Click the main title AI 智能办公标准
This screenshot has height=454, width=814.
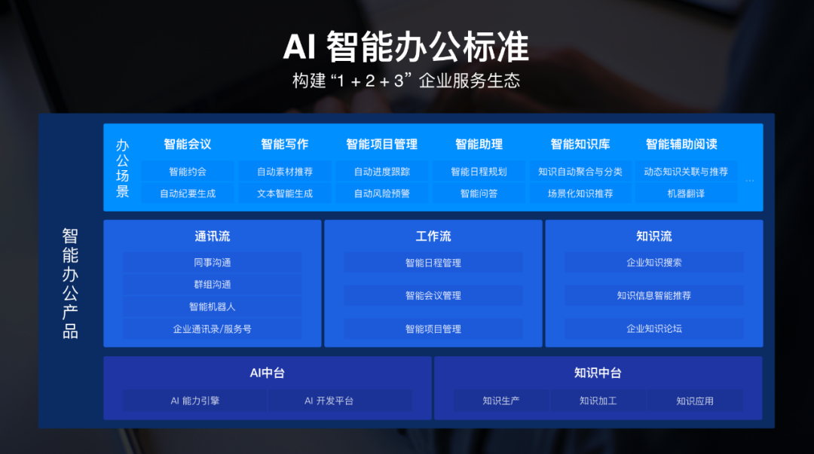(x=406, y=47)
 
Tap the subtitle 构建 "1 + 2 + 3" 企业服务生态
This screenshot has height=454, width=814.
(x=406, y=81)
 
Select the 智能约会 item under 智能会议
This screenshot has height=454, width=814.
(x=188, y=172)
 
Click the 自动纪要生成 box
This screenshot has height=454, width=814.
(x=188, y=193)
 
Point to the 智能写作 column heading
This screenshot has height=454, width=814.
(x=284, y=145)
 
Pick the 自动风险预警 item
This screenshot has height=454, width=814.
(x=382, y=193)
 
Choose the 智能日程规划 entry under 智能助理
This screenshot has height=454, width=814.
(x=479, y=172)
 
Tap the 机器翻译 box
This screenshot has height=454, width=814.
(x=686, y=193)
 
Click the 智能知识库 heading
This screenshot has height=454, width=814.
(x=580, y=145)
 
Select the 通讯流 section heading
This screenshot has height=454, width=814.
(x=213, y=236)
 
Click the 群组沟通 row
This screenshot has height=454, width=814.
(x=213, y=285)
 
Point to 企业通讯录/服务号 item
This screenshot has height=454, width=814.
(x=213, y=329)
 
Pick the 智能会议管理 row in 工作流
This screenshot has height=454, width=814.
(x=433, y=296)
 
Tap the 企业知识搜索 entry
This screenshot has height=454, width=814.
(x=654, y=263)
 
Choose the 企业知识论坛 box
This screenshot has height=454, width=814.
(x=654, y=329)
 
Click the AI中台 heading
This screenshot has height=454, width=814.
(x=268, y=373)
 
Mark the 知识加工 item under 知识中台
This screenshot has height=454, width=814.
(x=598, y=401)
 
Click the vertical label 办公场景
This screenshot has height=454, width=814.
(x=123, y=168)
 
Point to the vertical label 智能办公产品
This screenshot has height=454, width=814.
(x=70, y=283)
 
